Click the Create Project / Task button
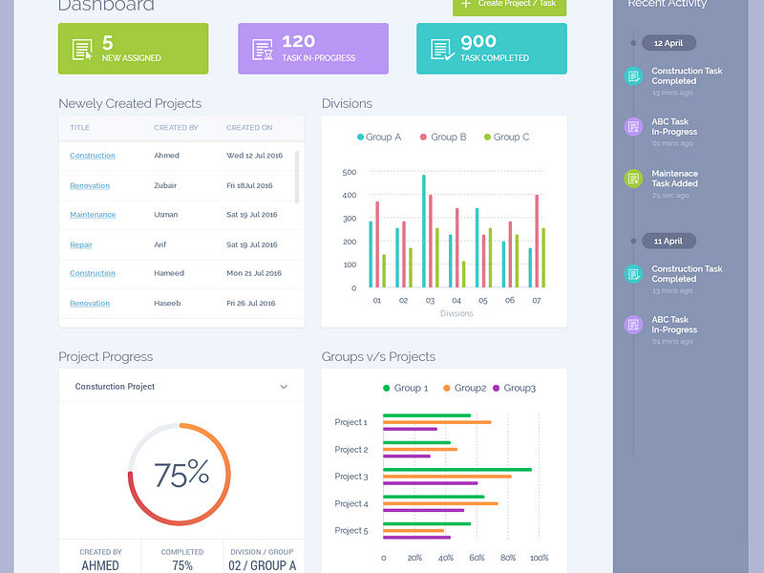(509, 6)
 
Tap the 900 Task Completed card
(491, 49)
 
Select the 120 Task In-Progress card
(312, 49)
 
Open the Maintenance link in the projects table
(93, 215)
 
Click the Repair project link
(81, 244)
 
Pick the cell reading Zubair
(165, 185)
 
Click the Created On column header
(249, 127)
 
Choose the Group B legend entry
(443, 138)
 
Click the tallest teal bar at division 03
(424, 229)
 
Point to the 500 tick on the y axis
(349, 173)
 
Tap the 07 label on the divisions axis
(536, 300)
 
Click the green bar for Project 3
(456, 469)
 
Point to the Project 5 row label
(350, 530)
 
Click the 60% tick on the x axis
(477, 558)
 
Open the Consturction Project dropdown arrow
(284, 387)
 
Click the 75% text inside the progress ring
(180, 473)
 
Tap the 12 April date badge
(668, 43)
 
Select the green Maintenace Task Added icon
(632, 179)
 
